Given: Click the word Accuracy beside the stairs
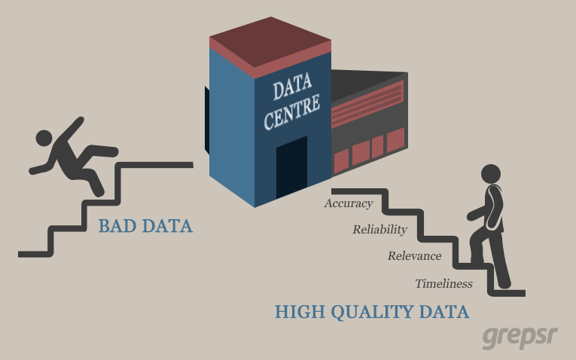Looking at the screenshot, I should (x=349, y=203).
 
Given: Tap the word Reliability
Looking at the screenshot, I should (x=379, y=230).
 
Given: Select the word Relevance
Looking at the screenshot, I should (x=414, y=256).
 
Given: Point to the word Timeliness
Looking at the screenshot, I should (x=443, y=284).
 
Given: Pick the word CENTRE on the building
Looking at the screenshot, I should (x=293, y=112).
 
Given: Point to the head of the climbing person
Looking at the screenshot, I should (x=490, y=173).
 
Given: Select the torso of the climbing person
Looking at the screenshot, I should (x=493, y=208).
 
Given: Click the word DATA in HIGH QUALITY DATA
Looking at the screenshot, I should (x=444, y=311).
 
